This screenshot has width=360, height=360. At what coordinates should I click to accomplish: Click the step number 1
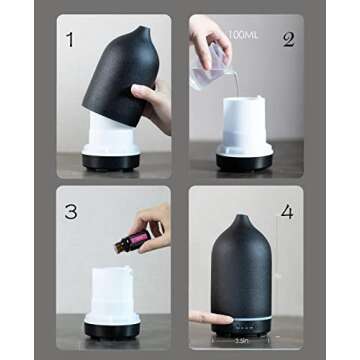[x=70, y=41]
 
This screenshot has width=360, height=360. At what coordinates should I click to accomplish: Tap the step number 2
[x=288, y=41]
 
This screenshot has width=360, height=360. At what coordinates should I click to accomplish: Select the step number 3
[x=70, y=212]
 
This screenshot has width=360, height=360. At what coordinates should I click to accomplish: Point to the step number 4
[x=288, y=212]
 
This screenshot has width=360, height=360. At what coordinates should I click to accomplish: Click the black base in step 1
[x=111, y=161]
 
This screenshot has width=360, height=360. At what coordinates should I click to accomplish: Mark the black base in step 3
[x=111, y=327]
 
